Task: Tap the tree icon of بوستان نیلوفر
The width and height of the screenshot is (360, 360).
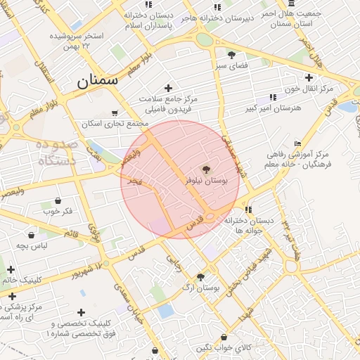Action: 206,169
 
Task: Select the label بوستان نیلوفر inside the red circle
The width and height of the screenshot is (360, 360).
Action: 207,181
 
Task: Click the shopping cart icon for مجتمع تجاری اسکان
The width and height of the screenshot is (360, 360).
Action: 115,112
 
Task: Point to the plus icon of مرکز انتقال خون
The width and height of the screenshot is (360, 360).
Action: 309,77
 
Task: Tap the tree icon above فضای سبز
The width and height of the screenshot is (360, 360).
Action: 231,55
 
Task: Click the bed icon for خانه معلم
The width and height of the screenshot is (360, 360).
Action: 297,143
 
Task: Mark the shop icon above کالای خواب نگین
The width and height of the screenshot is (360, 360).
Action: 224,337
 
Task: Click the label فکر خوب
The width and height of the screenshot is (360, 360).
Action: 58,211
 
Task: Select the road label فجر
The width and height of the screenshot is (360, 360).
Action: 134,181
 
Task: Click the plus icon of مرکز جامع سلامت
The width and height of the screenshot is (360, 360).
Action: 167,88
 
